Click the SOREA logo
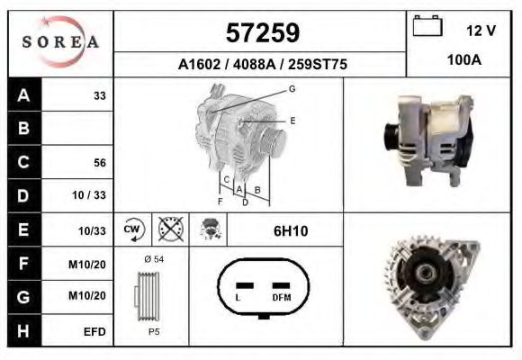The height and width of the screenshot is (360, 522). [x=59, y=43]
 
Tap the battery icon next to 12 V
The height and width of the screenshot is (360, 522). [x=426, y=27]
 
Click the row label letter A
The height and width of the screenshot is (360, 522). [x=24, y=94]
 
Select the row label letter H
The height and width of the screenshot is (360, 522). [x=24, y=331]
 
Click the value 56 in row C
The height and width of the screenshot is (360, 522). [x=100, y=163]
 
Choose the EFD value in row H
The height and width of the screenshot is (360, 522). [x=95, y=332]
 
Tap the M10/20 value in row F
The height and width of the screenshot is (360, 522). [x=92, y=265]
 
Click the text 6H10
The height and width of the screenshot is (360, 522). [x=291, y=231]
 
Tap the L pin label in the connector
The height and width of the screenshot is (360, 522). [x=237, y=297]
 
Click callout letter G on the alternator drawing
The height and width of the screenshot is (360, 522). [x=292, y=88]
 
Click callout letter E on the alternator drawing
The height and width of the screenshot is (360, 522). [x=292, y=120]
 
